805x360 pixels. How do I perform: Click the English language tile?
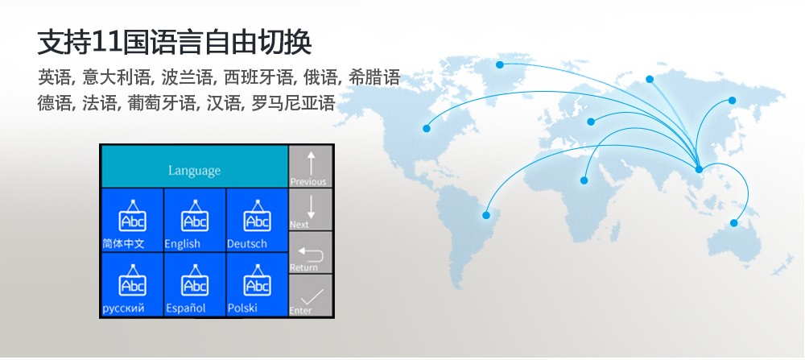[195, 220]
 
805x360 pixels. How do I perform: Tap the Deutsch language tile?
[258, 220]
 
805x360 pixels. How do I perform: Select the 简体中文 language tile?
[132, 220]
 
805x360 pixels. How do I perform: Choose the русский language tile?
[132, 284]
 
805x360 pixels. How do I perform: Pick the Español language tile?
[195, 284]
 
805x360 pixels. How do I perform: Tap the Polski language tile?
[258, 284]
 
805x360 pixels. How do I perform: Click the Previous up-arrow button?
[310, 166]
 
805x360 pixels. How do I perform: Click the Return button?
[310, 252]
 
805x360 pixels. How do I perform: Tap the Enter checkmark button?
[310, 295]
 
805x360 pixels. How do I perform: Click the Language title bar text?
[195, 171]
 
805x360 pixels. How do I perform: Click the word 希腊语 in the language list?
[374, 77]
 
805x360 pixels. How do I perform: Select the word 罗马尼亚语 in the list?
[293, 103]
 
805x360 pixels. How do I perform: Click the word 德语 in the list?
[55, 103]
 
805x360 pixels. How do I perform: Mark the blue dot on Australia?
[733, 223]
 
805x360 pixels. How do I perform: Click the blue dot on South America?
[485, 215]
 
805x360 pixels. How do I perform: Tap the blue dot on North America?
[426, 128]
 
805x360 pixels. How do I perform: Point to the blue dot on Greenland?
[500, 64]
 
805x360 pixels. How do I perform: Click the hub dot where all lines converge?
[699, 169]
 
